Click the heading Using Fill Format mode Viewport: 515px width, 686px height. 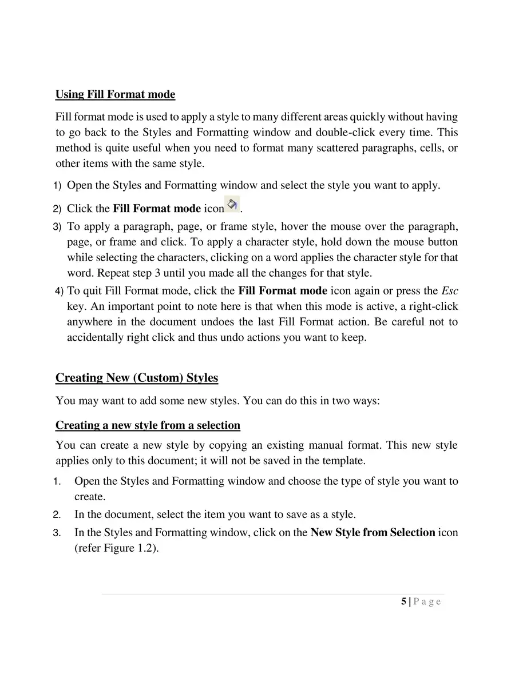115,94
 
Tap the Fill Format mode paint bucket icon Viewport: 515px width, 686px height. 232,204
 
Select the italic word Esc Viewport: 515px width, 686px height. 450,291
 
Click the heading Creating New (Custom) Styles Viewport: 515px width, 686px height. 137,378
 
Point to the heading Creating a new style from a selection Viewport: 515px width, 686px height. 148,425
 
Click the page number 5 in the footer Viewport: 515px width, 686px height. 404,601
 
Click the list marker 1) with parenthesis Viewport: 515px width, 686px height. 57,186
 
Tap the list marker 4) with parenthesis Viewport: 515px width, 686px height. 60,292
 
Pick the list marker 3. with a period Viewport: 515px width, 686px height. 57,533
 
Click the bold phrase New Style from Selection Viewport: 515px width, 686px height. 373,532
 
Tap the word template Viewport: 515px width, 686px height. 343,460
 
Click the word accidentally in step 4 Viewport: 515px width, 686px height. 93,337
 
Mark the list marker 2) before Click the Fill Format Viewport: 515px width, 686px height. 57,209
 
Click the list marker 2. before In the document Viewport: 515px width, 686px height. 57,514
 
